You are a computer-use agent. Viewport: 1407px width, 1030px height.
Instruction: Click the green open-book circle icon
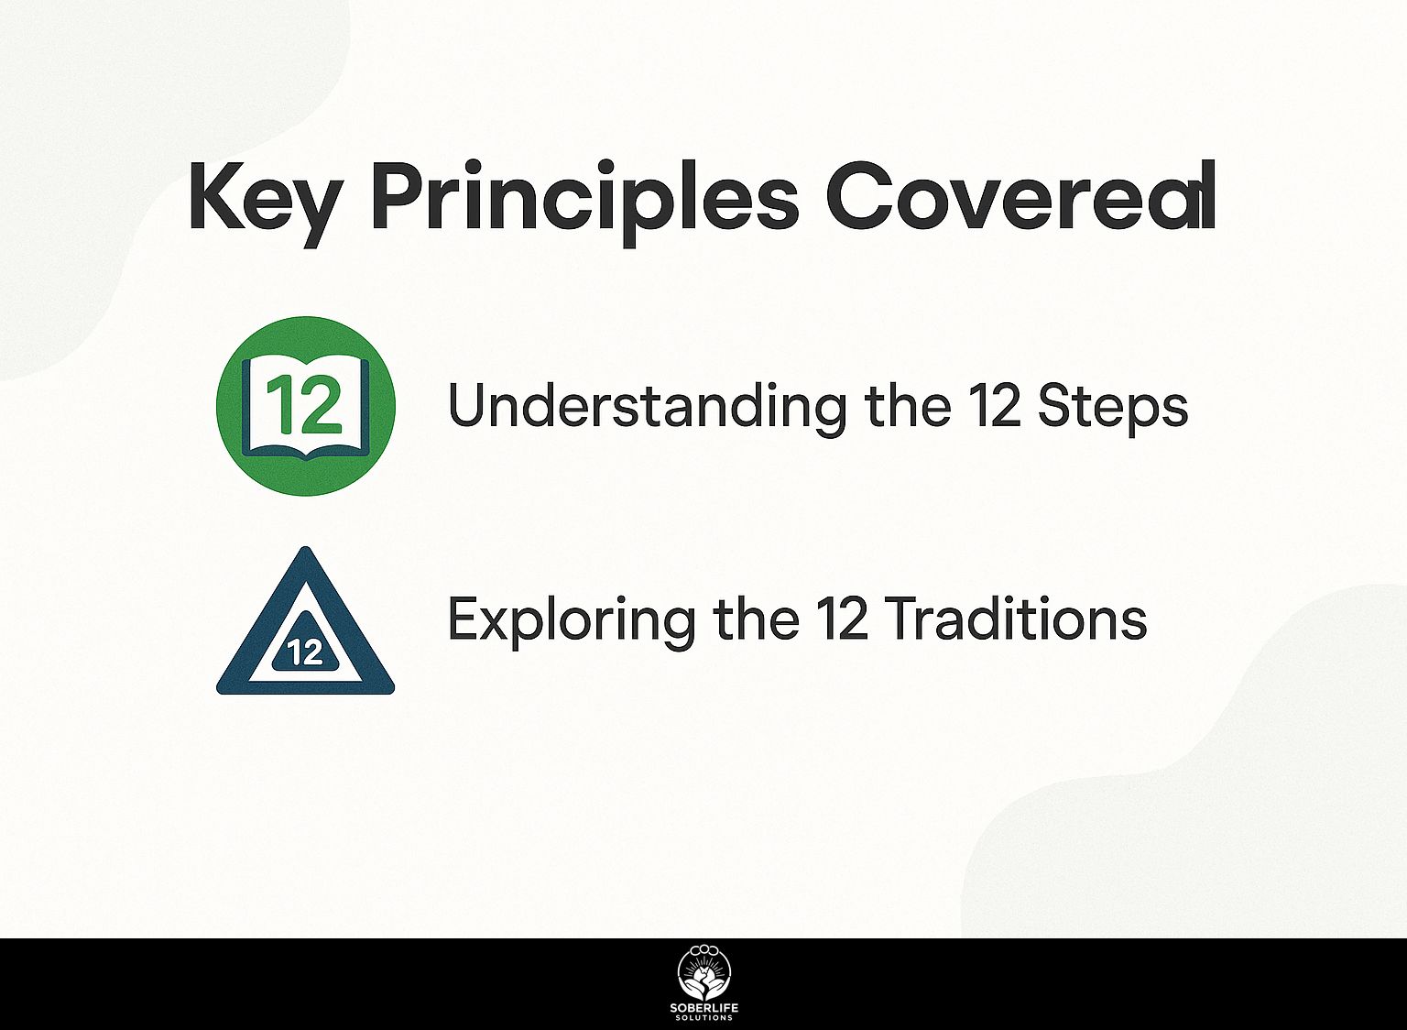[306, 406]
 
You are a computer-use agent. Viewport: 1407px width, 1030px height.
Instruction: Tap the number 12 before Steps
[994, 406]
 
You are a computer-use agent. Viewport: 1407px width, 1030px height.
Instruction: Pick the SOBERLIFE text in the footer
[704, 1009]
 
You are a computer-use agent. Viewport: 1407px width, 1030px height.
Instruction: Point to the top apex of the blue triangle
[306, 547]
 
